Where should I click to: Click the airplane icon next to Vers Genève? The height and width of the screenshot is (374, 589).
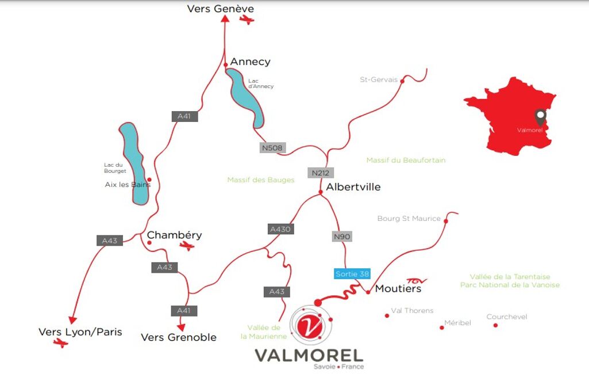pos(247,20)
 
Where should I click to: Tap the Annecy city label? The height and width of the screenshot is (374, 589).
pos(250,62)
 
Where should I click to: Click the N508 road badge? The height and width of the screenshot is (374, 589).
pos(272,148)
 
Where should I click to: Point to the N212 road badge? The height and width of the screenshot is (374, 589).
pos(321,173)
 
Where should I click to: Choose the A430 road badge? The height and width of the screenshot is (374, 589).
pos(280,229)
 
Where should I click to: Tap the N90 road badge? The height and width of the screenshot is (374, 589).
pos(342,236)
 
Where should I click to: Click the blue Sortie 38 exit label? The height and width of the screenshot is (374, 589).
pos(352,273)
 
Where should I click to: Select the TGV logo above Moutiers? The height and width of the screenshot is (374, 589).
pos(417,281)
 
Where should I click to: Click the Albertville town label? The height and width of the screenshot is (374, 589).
pos(353,187)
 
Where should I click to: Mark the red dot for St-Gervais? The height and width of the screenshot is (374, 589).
pos(402,81)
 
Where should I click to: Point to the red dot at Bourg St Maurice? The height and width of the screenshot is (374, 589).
pos(446,222)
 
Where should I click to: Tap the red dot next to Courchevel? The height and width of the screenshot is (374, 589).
pos(495,326)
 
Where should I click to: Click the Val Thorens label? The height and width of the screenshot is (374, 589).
pos(412,311)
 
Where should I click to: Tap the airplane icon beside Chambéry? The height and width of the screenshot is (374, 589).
pos(187,246)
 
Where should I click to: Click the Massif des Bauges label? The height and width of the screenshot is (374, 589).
pos(261,180)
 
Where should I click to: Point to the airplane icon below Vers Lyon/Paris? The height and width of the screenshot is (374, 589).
pos(60,343)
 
